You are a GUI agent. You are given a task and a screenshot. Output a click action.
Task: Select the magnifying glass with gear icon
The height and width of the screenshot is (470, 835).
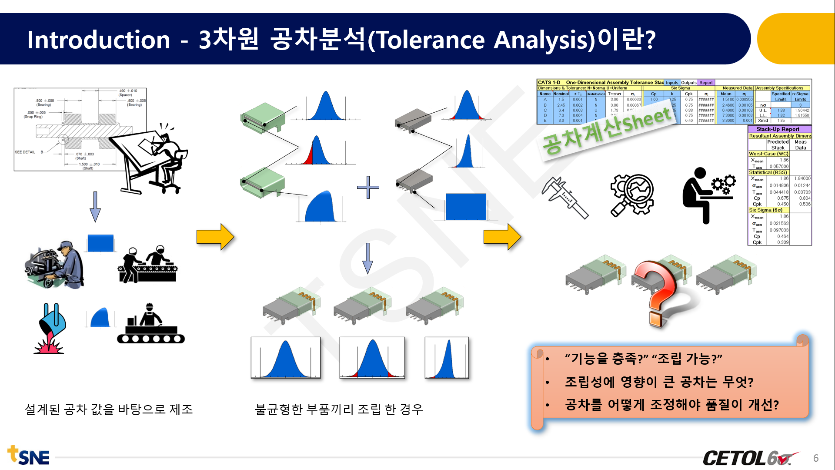[632, 195]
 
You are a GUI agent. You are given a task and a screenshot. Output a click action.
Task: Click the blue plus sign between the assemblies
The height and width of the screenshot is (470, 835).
[368, 187]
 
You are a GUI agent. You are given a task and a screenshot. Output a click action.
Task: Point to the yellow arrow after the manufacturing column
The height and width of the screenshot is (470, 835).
[215, 237]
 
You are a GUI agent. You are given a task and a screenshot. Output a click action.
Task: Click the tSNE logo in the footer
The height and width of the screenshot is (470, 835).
[29, 456]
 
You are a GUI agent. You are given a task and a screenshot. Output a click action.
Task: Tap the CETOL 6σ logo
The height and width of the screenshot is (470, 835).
[750, 458]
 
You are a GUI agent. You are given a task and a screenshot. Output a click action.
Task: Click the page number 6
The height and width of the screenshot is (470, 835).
[816, 458]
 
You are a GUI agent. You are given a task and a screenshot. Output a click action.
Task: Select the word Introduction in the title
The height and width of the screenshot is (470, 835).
[98, 40]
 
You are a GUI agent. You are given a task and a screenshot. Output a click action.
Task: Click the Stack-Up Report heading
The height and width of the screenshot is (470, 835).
[778, 129]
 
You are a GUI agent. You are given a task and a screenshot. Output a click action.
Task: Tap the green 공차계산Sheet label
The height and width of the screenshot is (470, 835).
[607, 131]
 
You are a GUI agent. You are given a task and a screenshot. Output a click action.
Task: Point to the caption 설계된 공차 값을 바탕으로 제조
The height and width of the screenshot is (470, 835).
[109, 409]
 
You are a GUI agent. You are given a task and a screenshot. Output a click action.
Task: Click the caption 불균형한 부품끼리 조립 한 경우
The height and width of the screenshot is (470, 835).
[339, 409]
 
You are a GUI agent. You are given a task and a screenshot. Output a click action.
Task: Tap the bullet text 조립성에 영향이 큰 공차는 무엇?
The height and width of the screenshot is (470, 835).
[659, 382]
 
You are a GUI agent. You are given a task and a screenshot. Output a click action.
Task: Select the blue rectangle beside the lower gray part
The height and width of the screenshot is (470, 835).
[466, 207]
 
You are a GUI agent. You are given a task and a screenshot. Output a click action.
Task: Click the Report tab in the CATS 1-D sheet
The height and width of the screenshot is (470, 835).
[706, 82]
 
